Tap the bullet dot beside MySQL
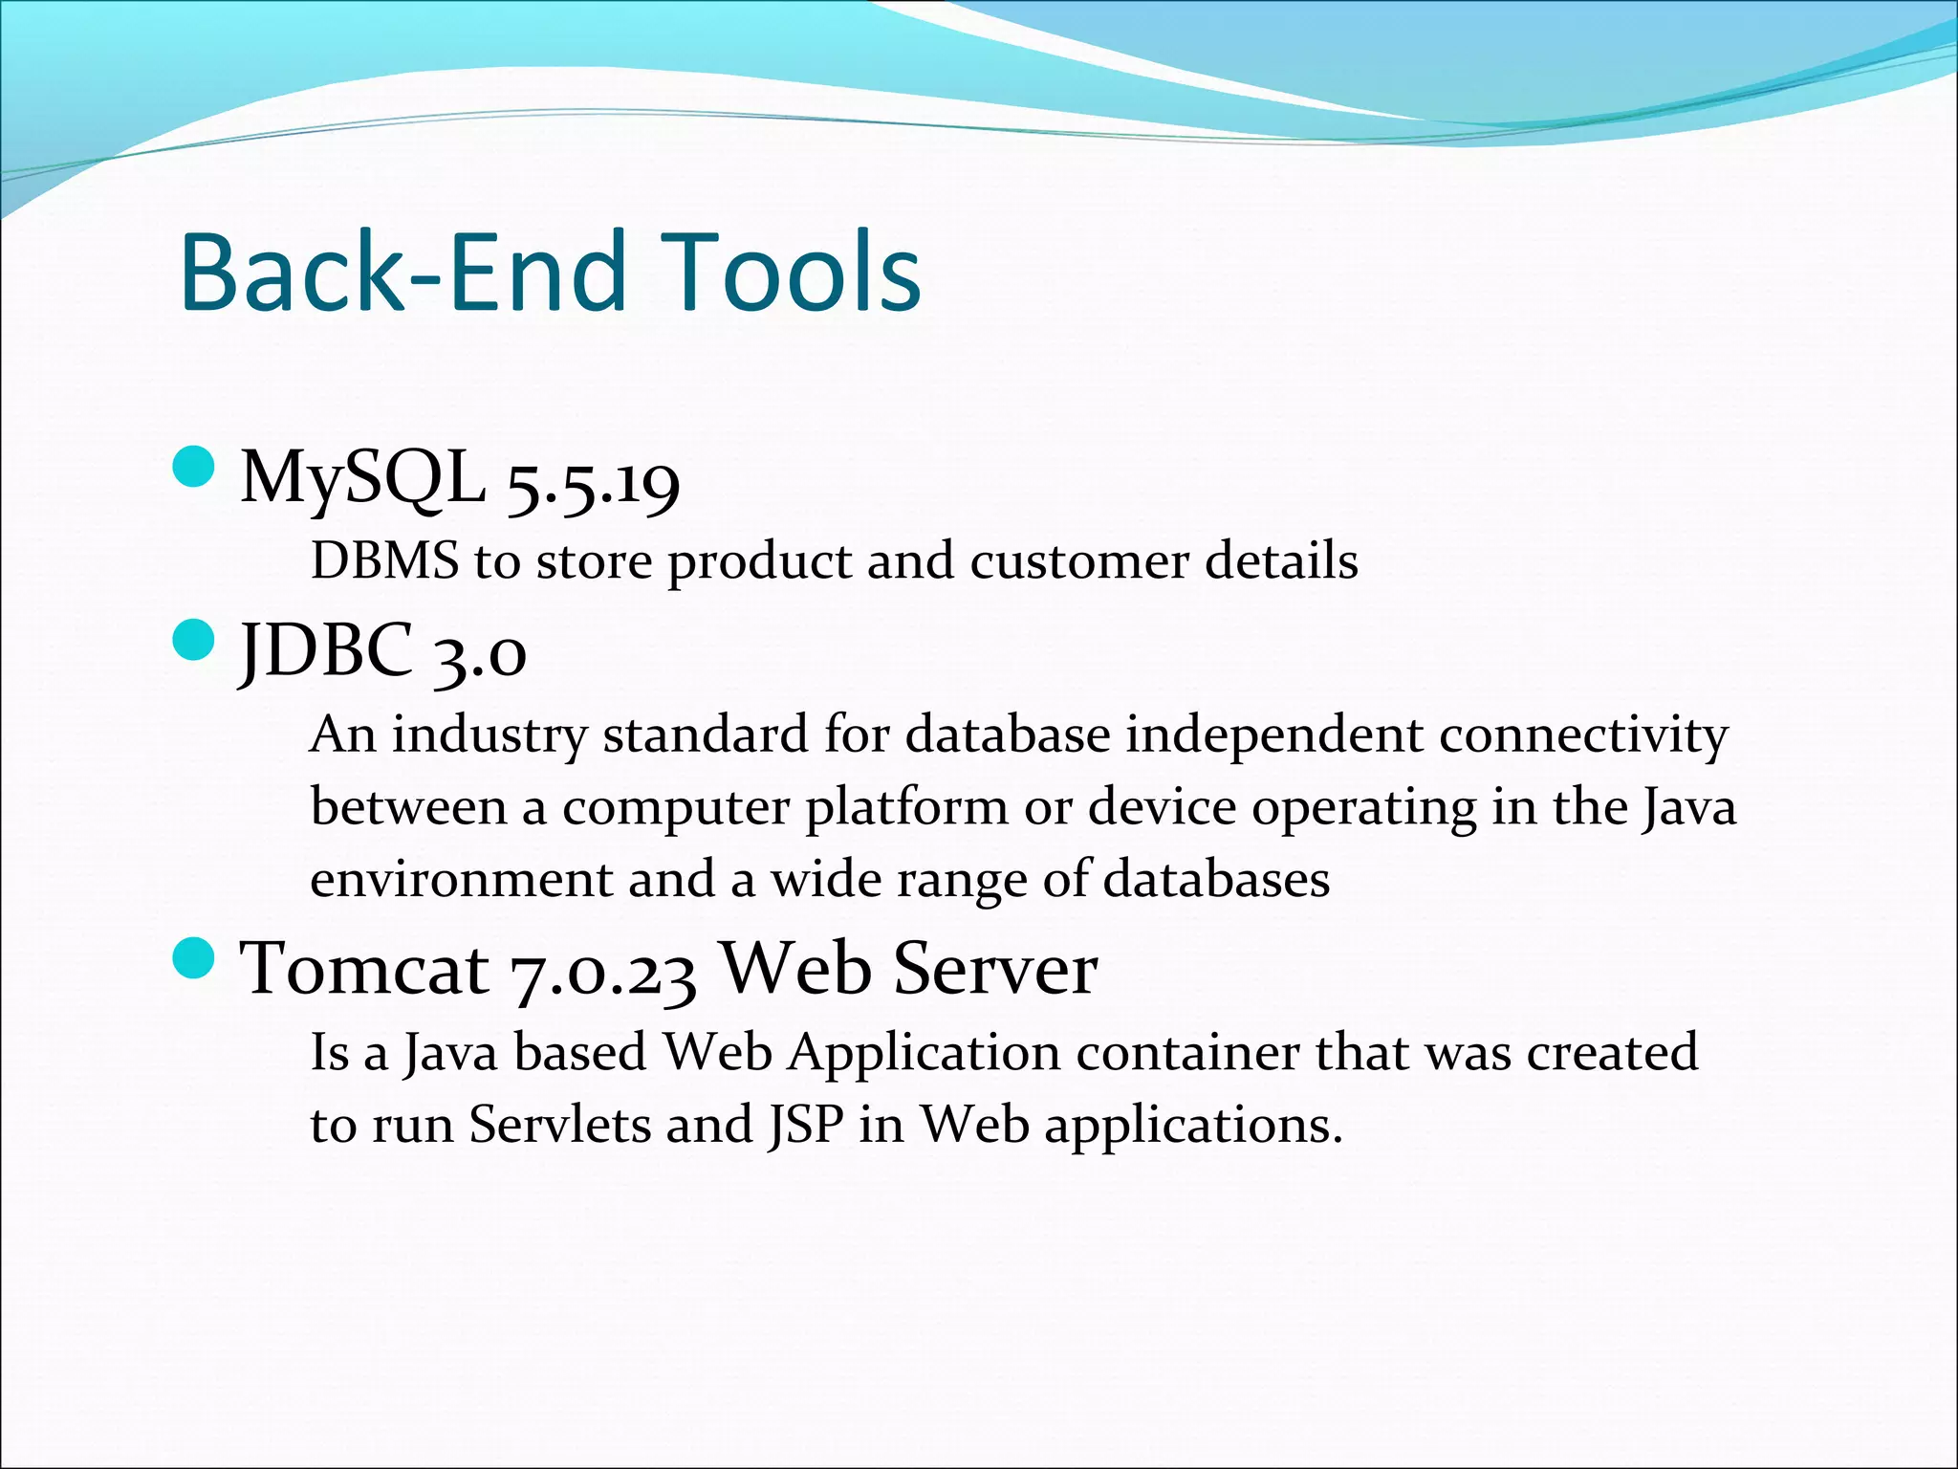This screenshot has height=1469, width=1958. tap(194, 468)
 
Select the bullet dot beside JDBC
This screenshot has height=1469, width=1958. tap(194, 640)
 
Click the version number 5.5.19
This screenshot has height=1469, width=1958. tap(593, 482)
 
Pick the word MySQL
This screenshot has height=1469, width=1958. tap(362, 478)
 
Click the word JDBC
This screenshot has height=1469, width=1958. tap(326, 650)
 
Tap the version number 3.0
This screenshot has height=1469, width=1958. tap(478, 654)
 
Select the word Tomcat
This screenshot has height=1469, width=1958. tap(364, 969)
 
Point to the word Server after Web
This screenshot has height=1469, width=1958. tap(994, 969)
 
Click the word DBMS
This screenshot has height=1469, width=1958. tap(384, 561)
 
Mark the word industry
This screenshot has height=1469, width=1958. tap(489, 736)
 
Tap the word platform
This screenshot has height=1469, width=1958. tap(906, 809)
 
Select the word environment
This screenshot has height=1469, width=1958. tap(461, 880)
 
